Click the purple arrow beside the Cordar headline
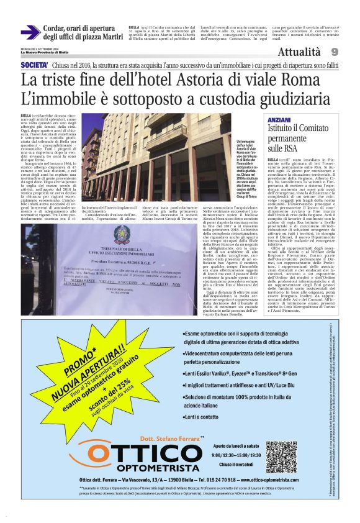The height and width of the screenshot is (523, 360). click(30, 32)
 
